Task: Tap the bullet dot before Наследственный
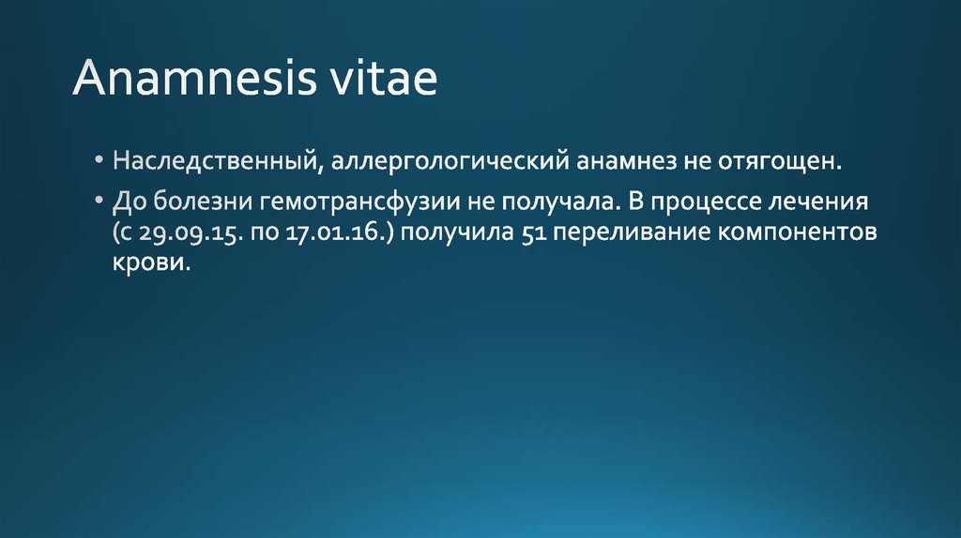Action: [x=99, y=162]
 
